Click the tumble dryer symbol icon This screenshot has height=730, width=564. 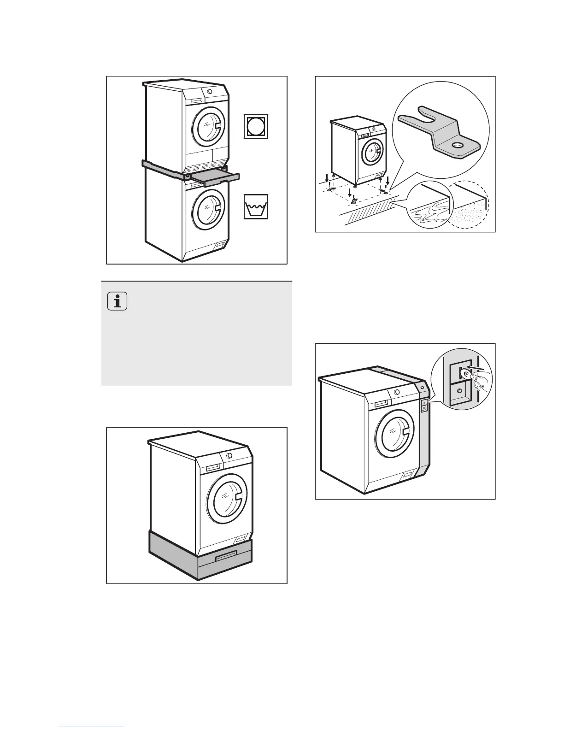[256, 126]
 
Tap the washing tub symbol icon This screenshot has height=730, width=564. [256, 206]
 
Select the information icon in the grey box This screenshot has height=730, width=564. [118, 302]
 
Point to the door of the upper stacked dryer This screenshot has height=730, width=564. [209, 125]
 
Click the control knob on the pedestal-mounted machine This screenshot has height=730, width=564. [229, 455]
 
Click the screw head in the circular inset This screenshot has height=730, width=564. [459, 391]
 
